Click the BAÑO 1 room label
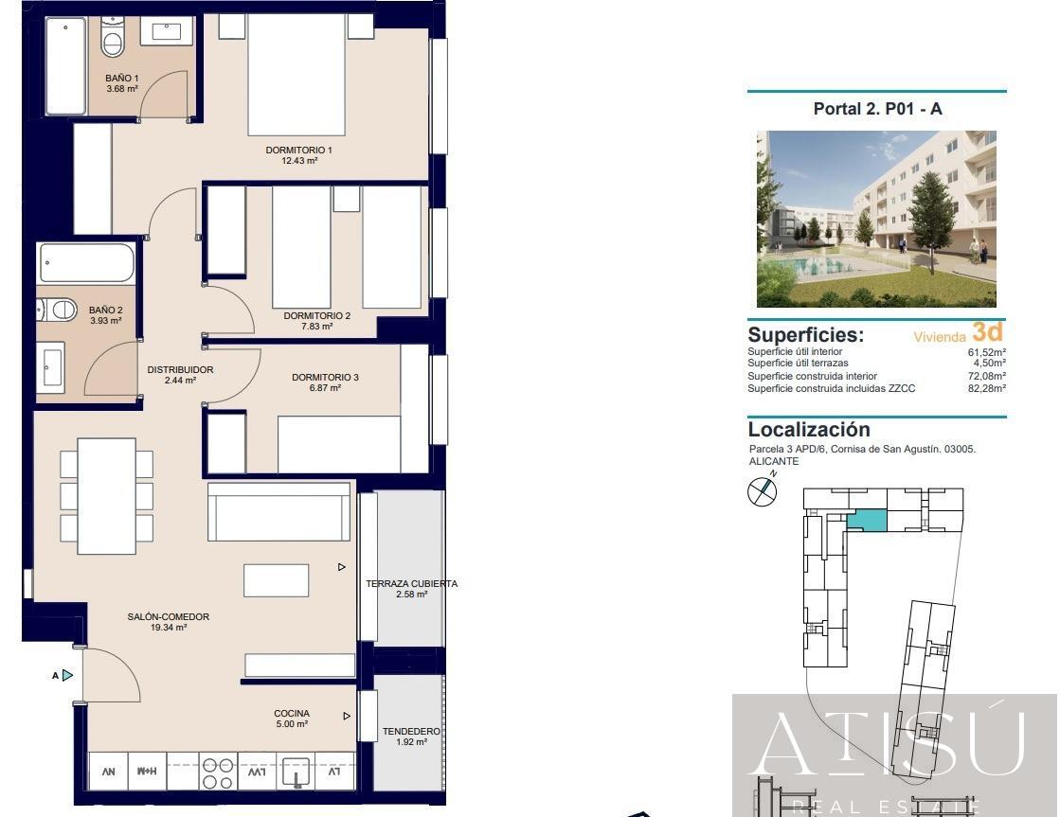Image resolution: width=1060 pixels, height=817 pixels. pos(122,78)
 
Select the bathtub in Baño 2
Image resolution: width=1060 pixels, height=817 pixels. pos(86,262)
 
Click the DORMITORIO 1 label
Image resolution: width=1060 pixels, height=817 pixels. pos(298,150)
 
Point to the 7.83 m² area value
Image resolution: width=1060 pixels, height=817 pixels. pos(316,327)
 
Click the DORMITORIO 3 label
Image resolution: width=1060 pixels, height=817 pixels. pos(325,377)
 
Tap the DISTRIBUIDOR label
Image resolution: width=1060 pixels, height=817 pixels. pos(180,369)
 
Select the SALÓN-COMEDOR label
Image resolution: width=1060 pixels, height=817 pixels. pos(169,616)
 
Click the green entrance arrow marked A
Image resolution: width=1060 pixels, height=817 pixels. pos(67,675)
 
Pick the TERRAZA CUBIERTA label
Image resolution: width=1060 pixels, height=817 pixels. pos(411,583)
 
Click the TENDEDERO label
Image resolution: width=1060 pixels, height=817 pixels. pos(411,731)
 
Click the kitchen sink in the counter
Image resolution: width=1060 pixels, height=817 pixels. pos(296,773)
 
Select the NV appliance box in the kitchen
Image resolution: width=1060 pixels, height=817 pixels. pos(108,773)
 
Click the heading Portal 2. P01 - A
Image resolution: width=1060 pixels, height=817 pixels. pos(877,109)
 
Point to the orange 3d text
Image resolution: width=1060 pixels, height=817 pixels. pos(986,332)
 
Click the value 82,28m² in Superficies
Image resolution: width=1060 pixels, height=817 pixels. pos(986,388)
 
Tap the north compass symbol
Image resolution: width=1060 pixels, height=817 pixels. pos(763,490)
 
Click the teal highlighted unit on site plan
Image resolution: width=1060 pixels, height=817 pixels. pos(868,520)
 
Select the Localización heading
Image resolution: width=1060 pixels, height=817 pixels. pos(808,429)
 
